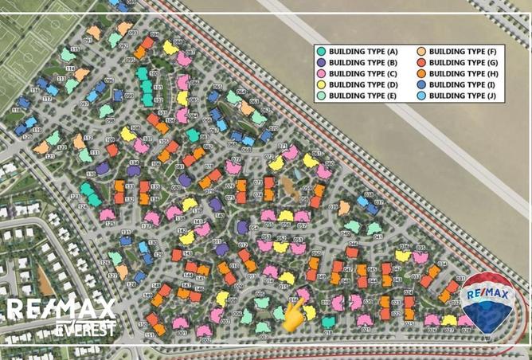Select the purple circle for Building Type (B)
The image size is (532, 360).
point(320,62)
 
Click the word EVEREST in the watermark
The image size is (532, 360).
point(85,327)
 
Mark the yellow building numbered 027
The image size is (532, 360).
point(449,320)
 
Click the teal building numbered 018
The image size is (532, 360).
point(327,322)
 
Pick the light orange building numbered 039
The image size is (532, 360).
point(344,208)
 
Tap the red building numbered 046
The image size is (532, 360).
point(353,243)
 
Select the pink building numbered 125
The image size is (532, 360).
point(108,214)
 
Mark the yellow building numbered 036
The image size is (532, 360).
point(402,256)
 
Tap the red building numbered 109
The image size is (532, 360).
point(111,149)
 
